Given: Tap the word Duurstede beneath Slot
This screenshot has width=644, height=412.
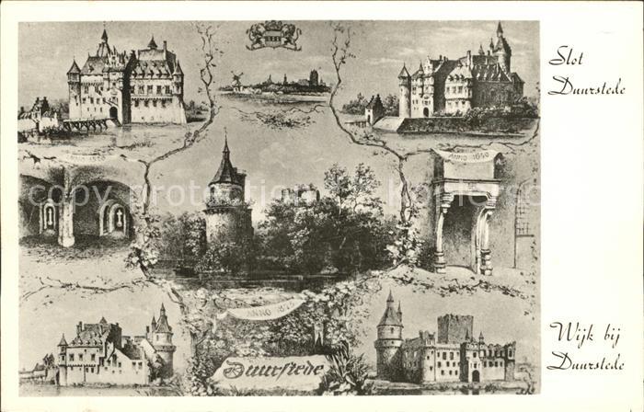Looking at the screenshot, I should pyautogui.click(x=586, y=88).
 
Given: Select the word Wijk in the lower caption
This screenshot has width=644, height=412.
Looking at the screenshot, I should pyautogui.click(x=571, y=333).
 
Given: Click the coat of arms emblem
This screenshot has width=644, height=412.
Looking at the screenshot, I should pyautogui.click(x=273, y=36).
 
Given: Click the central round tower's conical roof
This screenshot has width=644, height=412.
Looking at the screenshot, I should pyautogui.click(x=225, y=166).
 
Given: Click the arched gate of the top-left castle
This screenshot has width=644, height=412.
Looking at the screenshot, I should pyautogui.click(x=113, y=113).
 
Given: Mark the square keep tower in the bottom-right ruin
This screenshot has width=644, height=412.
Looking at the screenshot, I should pyautogui.click(x=454, y=328).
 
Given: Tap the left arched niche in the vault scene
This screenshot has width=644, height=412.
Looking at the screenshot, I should pyautogui.click(x=49, y=216).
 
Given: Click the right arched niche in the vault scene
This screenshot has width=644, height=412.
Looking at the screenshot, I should pyautogui.click(x=116, y=218).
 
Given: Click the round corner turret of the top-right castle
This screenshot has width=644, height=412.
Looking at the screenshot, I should pyautogui.click(x=404, y=92).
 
